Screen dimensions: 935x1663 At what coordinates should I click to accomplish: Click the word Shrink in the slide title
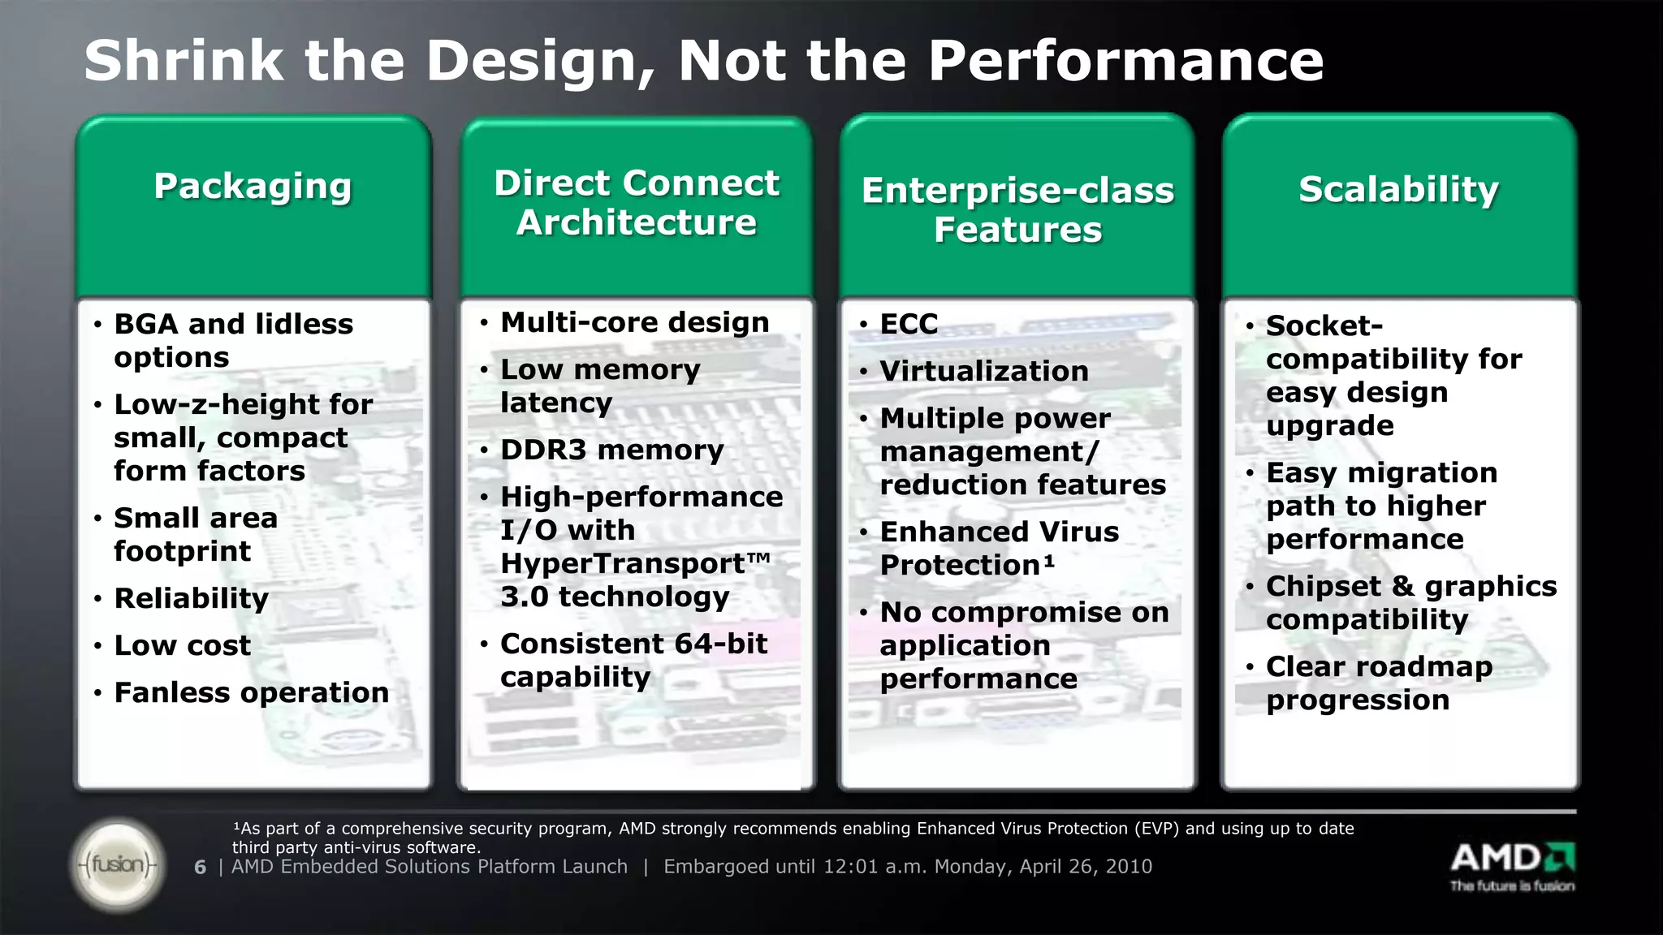184,61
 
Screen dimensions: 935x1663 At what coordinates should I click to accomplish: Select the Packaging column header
253,187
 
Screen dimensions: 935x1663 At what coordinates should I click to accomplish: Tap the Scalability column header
1398,189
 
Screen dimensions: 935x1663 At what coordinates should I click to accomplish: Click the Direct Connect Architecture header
637,203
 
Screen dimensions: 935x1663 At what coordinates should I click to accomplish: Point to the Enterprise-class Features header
1017,209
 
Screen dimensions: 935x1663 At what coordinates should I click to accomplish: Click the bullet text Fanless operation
251,692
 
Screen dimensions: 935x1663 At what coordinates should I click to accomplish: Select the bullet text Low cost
182,645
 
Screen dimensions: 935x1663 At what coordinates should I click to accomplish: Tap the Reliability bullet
191,598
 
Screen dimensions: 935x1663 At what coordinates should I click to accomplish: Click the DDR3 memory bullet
611,450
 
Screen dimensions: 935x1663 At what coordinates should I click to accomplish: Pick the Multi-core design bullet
634,322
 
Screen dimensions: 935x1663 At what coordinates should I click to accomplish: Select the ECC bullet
909,324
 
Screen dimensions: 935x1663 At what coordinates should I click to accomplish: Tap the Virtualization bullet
983,371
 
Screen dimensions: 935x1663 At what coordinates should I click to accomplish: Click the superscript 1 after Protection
1049,560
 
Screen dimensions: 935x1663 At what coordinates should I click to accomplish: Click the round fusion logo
118,864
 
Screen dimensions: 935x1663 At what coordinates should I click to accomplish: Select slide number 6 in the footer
200,868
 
